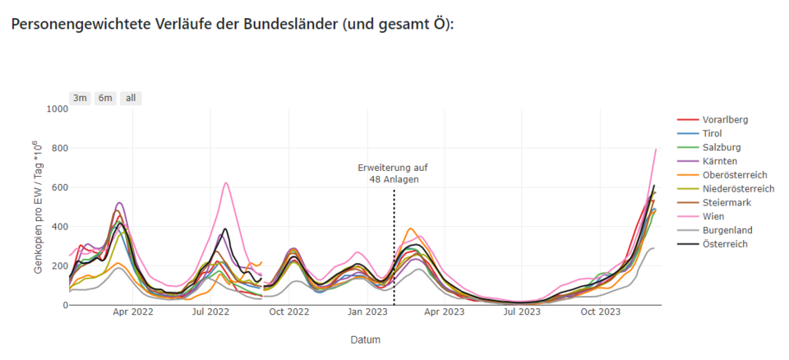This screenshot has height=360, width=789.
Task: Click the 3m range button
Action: pos(80,98)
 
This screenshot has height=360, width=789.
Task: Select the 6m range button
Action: pos(105,98)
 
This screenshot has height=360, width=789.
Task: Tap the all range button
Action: pos(130,98)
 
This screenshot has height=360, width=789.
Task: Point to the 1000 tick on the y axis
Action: pos(57,108)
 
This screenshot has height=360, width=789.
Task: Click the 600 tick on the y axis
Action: pos(59,187)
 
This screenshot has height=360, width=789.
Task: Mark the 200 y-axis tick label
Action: pos(59,265)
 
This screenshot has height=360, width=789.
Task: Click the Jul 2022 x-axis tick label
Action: pos(210,312)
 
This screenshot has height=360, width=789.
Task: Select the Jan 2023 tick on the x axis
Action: pos(367,312)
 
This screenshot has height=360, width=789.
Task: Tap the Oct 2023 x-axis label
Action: pos(600,312)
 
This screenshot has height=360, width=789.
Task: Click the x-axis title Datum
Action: pos(365,339)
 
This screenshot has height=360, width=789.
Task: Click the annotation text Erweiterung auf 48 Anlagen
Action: pos(393,173)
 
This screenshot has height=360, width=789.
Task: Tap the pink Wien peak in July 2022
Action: pos(226,183)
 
